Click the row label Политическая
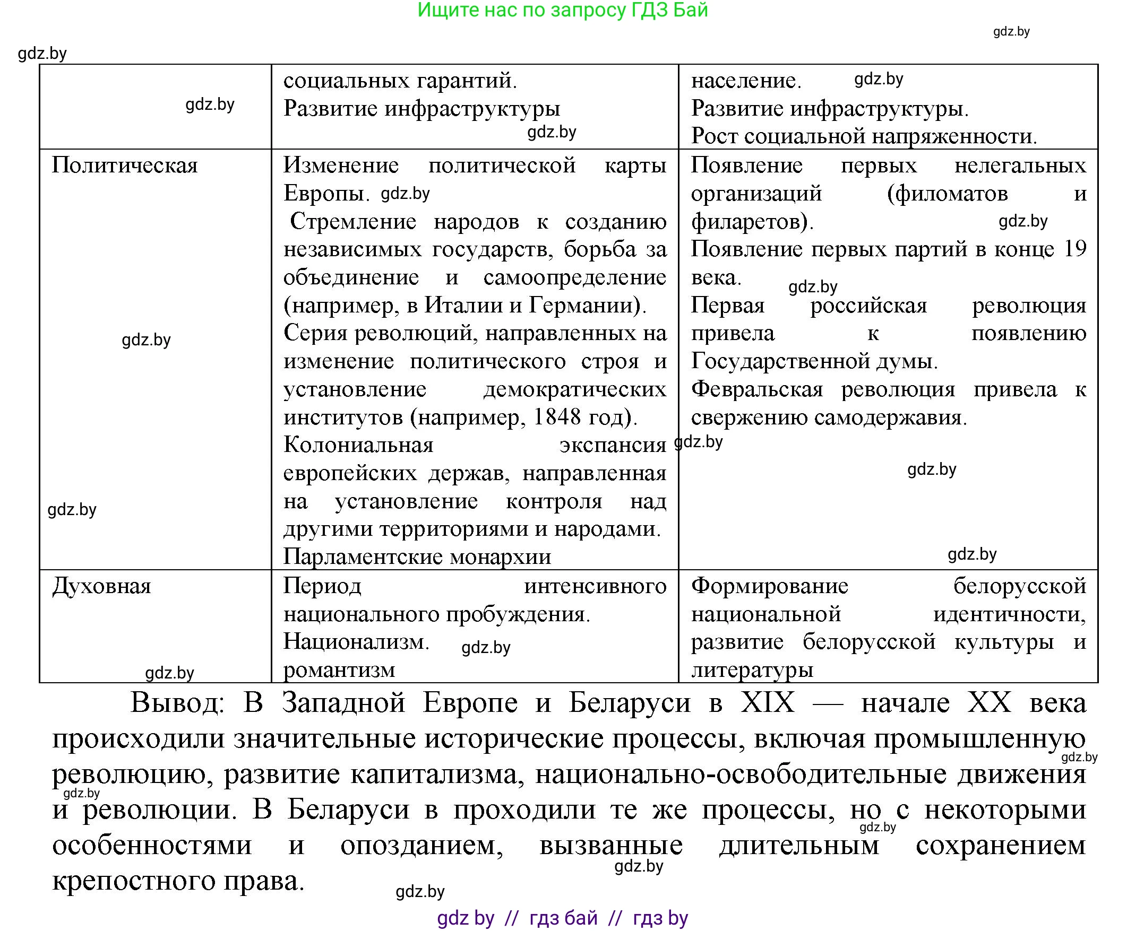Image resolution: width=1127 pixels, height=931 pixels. (125, 166)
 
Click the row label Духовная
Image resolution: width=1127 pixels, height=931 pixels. (101, 586)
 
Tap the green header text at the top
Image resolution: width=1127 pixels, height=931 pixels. (562, 10)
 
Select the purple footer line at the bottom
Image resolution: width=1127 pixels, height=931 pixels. (562, 919)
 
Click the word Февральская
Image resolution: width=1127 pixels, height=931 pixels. (756, 389)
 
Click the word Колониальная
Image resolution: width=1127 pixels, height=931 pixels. (358, 445)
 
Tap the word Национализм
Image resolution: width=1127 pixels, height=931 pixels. (355, 642)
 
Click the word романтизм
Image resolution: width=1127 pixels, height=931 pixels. (339, 670)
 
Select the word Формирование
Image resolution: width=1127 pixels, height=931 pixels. (770, 586)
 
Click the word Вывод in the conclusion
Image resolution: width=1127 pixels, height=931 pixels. (177, 702)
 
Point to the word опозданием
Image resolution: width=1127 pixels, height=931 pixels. (421, 846)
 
